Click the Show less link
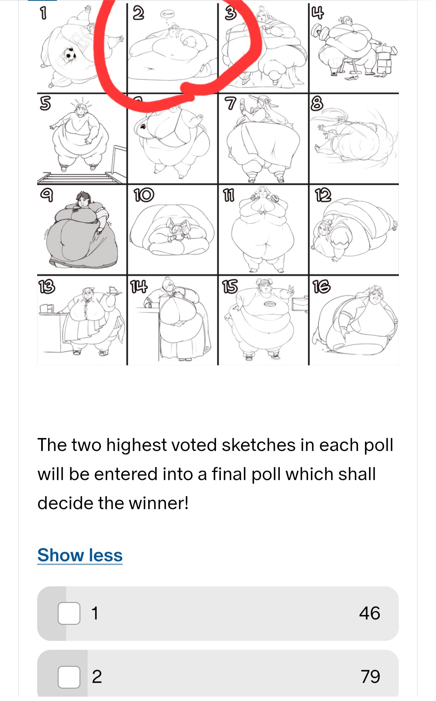(x=80, y=555)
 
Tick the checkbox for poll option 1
(x=69, y=613)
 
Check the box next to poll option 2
(x=69, y=677)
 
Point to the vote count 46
(x=369, y=613)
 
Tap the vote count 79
(x=370, y=677)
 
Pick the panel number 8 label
(x=317, y=103)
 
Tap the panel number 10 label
(x=143, y=195)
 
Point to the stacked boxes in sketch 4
(x=385, y=61)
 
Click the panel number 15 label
(x=230, y=286)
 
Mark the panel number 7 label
(x=230, y=103)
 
